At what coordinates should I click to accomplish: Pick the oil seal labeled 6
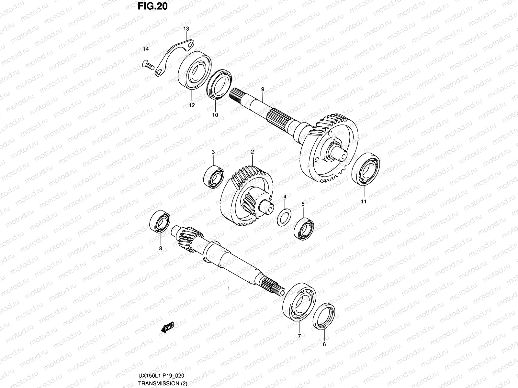click(324, 317)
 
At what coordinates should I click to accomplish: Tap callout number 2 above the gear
click(252, 151)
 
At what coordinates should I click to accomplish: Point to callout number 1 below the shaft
click(228, 287)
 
